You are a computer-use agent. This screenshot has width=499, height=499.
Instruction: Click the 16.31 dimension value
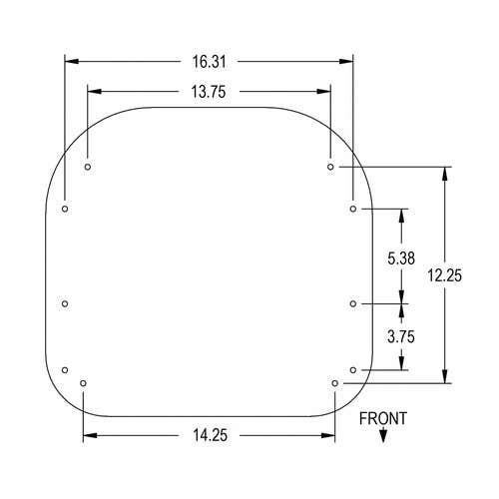point(210,62)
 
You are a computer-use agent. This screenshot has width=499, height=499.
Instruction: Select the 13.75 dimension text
point(209,92)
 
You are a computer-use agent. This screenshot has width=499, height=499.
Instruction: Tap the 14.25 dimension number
point(211,435)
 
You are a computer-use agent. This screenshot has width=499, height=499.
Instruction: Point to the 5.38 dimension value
point(401,258)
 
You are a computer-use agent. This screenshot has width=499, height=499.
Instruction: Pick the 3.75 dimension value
point(401,337)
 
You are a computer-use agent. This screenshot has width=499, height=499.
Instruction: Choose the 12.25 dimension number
point(445,275)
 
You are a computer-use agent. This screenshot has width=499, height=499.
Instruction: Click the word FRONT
point(383,418)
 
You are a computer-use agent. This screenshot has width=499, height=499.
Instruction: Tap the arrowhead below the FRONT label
point(383,436)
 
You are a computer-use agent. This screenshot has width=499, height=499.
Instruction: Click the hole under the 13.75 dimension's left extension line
point(88,167)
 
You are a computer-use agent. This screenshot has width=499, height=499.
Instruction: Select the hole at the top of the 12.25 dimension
point(330,167)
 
